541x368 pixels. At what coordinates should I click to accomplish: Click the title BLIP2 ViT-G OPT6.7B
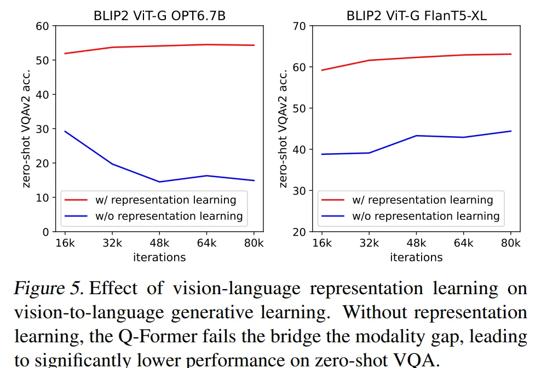(x=159, y=16)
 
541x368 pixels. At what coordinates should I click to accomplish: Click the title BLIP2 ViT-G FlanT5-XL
(x=416, y=16)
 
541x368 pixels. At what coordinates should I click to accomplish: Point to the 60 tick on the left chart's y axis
(x=43, y=26)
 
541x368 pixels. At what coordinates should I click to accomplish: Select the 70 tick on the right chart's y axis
(x=300, y=26)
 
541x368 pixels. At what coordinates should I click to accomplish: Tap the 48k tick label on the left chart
(x=159, y=243)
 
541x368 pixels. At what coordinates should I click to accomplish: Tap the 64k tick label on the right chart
(x=464, y=243)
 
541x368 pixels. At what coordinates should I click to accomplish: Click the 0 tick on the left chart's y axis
(x=46, y=232)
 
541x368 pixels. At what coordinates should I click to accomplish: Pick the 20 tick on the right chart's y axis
(x=300, y=232)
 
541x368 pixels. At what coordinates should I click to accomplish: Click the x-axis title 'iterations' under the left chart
(x=159, y=257)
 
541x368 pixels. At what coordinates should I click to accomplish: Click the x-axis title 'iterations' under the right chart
(x=416, y=257)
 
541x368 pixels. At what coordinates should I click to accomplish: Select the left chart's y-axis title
(x=27, y=128)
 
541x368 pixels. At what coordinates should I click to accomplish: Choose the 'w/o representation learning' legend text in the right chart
(x=425, y=216)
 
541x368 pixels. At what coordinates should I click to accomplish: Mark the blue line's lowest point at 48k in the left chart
(x=159, y=182)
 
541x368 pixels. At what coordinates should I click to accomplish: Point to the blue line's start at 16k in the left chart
(x=65, y=131)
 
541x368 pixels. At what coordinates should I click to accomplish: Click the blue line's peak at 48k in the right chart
(x=416, y=136)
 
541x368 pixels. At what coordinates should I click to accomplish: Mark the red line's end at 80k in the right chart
(x=511, y=54)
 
